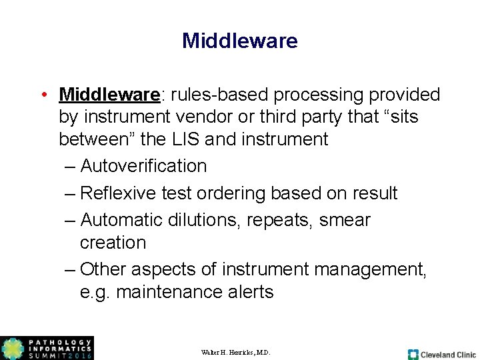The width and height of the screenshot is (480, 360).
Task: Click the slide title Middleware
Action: tap(239, 41)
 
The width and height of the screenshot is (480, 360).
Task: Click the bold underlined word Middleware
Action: tap(109, 95)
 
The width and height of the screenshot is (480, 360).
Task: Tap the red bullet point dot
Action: tap(43, 95)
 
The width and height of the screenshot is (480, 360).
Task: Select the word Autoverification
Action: tap(143, 166)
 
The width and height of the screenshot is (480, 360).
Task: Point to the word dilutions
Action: tap(210, 220)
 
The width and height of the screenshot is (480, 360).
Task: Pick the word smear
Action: tap(345, 220)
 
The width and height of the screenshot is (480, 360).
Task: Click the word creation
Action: tap(113, 243)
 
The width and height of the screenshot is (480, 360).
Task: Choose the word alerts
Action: tap(251, 292)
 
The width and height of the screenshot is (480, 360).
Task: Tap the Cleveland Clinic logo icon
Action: tap(413, 355)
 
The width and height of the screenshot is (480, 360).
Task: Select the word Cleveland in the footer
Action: tap(437, 355)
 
